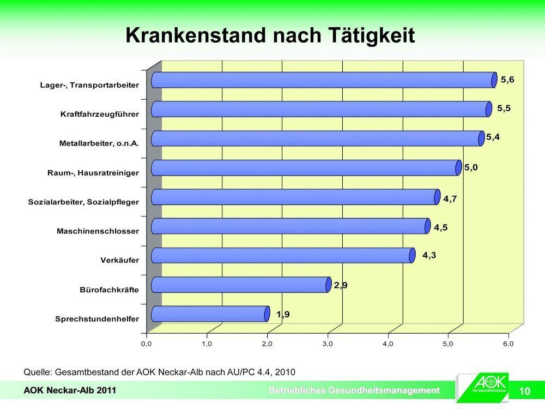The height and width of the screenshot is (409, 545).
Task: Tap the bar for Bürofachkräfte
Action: click(x=240, y=285)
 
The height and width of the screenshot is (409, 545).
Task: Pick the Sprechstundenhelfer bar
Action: click(x=210, y=314)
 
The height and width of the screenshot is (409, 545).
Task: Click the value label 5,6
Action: click(x=507, y=80)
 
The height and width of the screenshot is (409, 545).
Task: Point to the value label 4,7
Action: click(x=450, y=199)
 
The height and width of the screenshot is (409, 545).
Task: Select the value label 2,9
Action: click(x=341, y=285)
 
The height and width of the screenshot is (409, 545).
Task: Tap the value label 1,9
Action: click(x=282, y=314)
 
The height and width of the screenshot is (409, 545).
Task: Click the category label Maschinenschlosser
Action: click(x=98, y=231)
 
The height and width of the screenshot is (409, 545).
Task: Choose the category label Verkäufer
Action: click(x=119, y=260)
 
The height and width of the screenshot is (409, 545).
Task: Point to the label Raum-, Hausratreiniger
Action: click(x=93, y=173)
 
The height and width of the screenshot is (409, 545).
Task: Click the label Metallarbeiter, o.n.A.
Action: click(x=99, y=144)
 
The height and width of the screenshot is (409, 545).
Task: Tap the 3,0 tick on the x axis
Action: click(x=327, y=344)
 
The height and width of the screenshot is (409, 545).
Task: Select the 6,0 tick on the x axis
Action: click(x=508, y=344)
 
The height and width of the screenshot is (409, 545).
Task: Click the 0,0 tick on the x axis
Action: click(x=146, y=344)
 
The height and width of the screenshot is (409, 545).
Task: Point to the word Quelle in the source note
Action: click(x=37, y=372)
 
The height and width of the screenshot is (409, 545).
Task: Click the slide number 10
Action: click(x=525, y=391)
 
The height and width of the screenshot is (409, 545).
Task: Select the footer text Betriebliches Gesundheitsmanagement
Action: click(x=354, y=390)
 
